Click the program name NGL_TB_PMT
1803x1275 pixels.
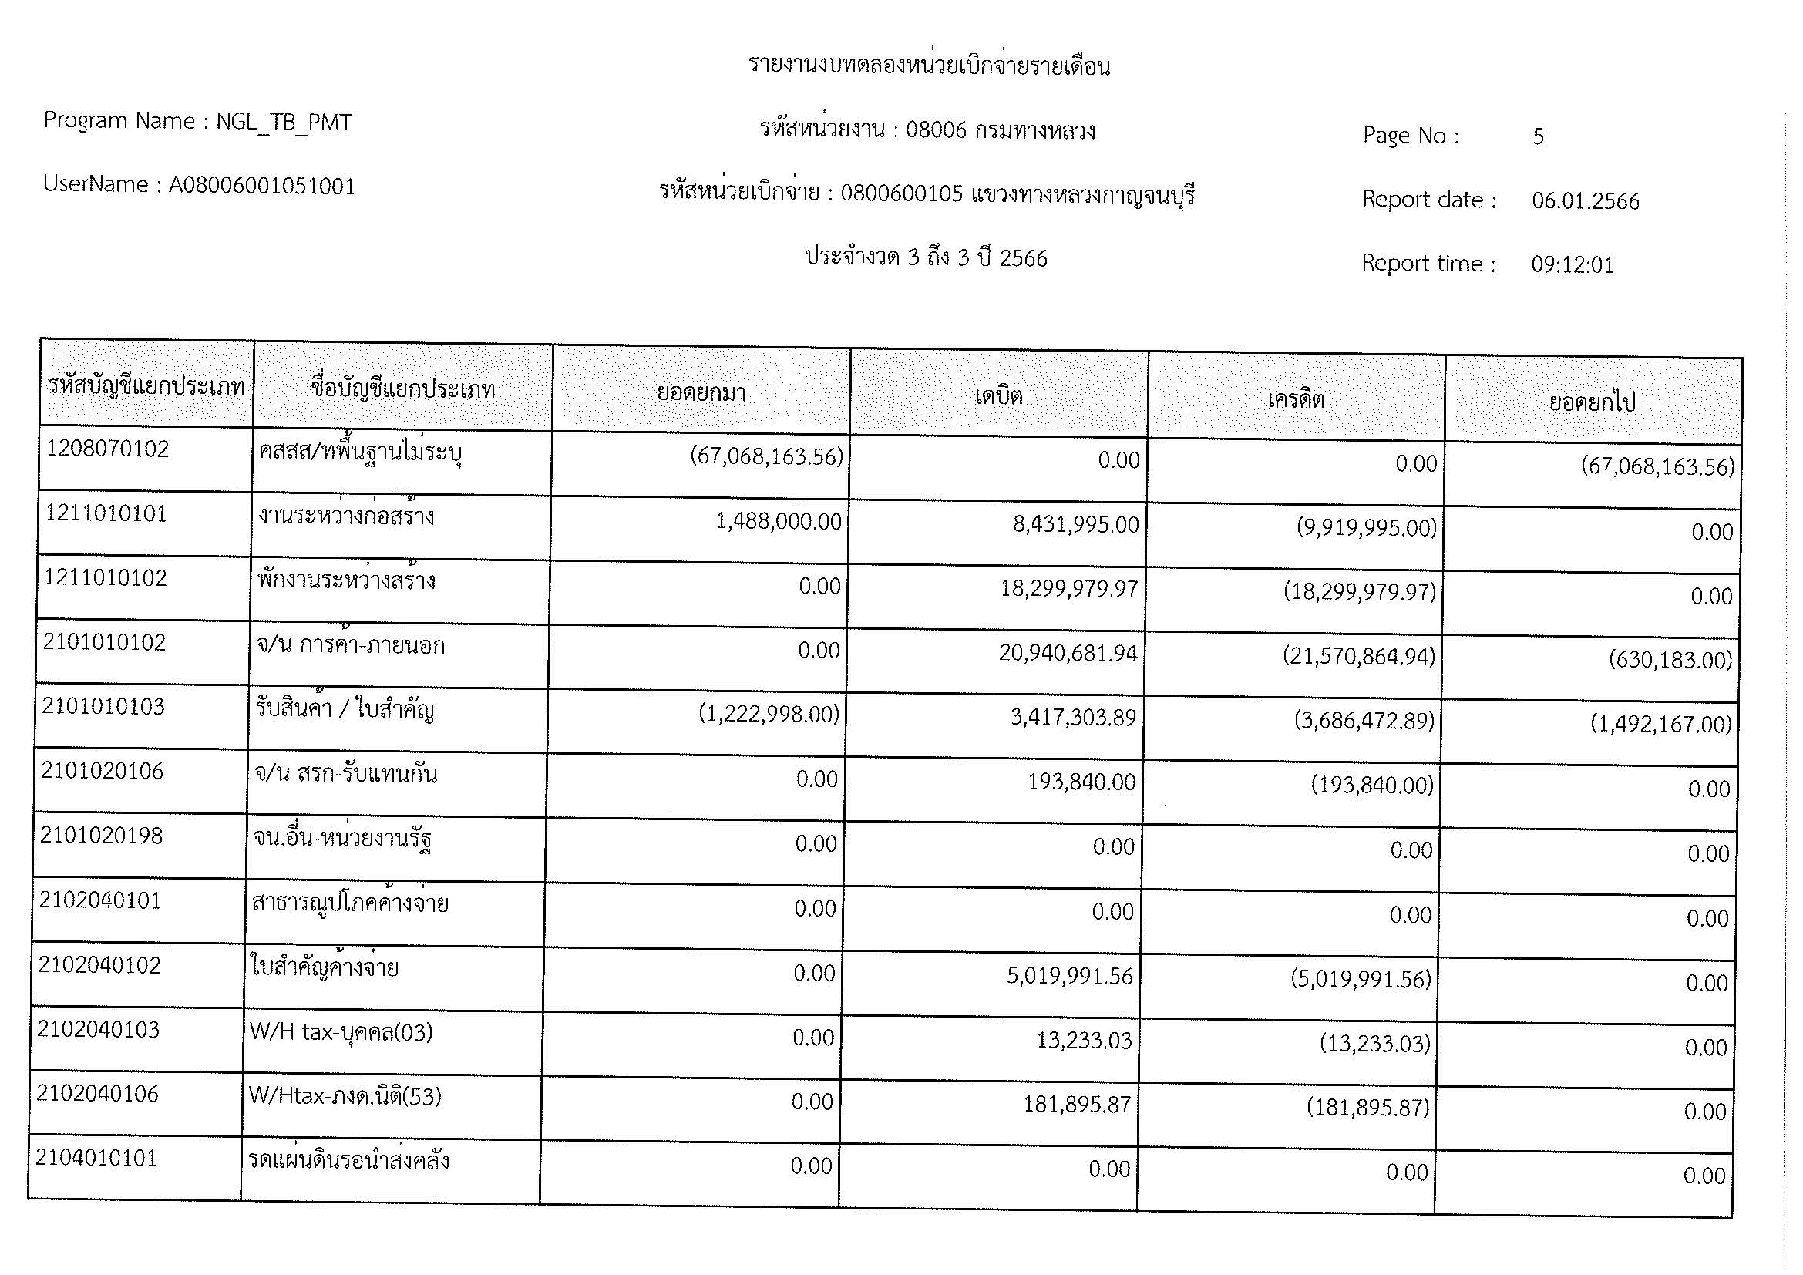pos(284,123)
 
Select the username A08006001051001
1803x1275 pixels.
pos(261,186)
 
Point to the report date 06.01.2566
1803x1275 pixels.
pos(1585,201)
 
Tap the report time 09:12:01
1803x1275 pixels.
pos(1572,265)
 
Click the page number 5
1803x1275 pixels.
pos(1538,136)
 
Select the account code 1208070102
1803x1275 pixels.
pos(108,449)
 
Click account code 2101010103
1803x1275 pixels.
pos(103,707)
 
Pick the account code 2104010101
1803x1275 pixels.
pos(96,1158)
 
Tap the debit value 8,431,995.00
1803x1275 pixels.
pos(1075,524)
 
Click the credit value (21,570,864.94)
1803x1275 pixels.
pos(1358,655)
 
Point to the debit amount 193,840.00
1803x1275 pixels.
pos(1081,782)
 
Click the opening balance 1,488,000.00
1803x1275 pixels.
pos(779,522)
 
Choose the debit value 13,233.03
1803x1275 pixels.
pos(1084,1040)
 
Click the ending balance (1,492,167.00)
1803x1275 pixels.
pos(1660,724)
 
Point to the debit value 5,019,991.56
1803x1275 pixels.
pos(1070,976)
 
